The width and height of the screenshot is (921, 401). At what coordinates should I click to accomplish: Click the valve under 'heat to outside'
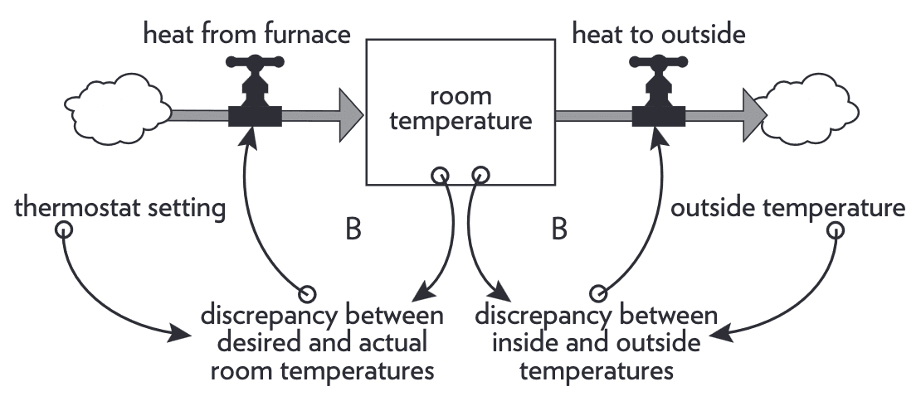coord(659,95)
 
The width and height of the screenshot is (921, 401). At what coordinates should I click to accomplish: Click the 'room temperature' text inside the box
coord(460,109)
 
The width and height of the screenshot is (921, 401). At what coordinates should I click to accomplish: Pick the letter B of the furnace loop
coord(353,229)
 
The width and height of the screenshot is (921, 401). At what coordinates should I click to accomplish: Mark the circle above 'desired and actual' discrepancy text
coord(307,293)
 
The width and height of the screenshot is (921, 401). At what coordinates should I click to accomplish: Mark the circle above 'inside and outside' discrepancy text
coord(598,293)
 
